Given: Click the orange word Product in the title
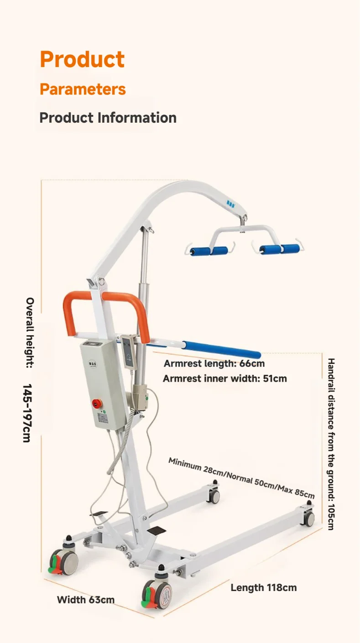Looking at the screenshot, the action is point(82,59).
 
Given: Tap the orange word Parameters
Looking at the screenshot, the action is point(83,89).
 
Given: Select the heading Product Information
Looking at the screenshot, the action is point(108,118).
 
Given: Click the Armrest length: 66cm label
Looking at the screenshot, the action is point(214,363).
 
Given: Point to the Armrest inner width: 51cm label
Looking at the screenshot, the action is point(224,379).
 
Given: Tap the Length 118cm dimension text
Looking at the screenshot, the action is point(263,587).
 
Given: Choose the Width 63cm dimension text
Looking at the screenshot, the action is point(85,599).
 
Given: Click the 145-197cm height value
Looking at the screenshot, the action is point(27,413).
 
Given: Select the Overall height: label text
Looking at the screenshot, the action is point(30,333).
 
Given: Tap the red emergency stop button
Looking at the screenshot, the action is point(97,403).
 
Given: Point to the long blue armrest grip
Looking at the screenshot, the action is point(222,349).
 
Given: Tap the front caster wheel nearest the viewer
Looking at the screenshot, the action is point(158,594).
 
